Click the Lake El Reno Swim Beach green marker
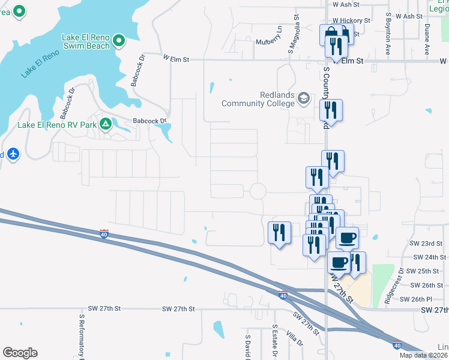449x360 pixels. click(x=119, y=41)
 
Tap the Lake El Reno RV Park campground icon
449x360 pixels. click(x=106, y=124)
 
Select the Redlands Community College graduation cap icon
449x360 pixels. click(x=304, y=98)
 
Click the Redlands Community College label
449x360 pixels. click(x=259, y=99)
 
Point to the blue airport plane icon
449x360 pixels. click(x=13, y=154)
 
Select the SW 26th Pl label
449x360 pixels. click(x=426, y=299)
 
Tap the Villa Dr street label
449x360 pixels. click(x=295, y=338)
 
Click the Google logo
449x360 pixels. click(x=20, y=352)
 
